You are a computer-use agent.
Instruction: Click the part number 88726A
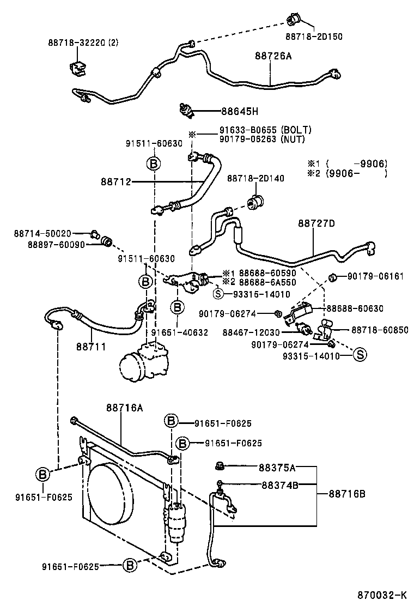pos(273,56)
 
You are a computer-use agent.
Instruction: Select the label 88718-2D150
pos(314,37)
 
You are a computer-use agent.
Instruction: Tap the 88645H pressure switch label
pos(239,112)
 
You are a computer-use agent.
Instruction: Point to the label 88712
pos(115,181)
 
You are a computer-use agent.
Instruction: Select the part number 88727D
pos(316,223)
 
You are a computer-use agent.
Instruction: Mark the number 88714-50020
pos(42,233)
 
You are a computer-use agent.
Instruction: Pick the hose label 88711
pos(91,346)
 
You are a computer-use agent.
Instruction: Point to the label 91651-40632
pos(180,332)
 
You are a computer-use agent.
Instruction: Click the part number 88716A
pos(124,408)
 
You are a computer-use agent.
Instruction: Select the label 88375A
pos(278,467)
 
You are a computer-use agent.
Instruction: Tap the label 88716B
pos(346,494)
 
